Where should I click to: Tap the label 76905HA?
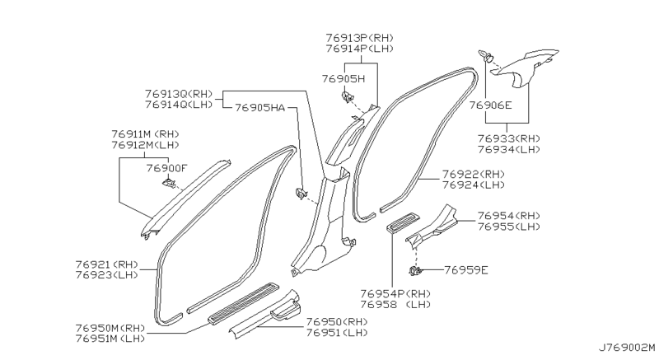260,107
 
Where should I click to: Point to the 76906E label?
490,105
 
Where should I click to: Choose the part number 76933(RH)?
507,138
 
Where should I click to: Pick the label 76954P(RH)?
394,292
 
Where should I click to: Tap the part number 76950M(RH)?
110,328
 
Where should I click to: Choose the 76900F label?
167,168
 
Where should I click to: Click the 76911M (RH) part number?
146,133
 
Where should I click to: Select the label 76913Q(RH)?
177,93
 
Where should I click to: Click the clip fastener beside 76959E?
414,270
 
